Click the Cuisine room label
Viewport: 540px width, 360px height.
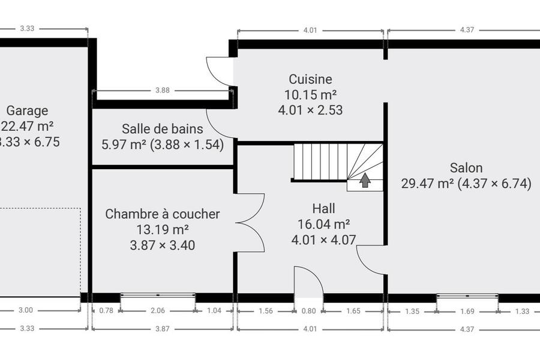tap(310, 79)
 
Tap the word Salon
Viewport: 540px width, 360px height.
tap(466, 168)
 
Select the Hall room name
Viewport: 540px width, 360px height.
tap(324, 208)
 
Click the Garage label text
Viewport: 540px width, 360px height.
tap(27, 111)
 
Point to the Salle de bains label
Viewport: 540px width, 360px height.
tap(163, 129)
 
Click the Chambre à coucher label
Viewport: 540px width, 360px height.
tap(163, 214)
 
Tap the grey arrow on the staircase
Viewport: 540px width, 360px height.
tap(365, 180)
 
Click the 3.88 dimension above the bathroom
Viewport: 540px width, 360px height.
tap(162, 90)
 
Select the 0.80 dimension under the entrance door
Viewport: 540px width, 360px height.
tap(308, 311)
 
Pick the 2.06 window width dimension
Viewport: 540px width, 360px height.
tap(158, 310)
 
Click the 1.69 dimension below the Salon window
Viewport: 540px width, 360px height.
tap(467, 311)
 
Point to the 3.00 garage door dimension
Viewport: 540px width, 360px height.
tap(25, 310)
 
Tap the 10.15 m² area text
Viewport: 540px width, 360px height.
tap(310, 95)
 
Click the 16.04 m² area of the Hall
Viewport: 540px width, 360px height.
tap(324, 224)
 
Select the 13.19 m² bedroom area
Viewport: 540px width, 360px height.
tap(163, 229)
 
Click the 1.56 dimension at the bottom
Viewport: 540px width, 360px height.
tap(266, 311)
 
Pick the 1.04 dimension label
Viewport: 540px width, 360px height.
tap(214, 310)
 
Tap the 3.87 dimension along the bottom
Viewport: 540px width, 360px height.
tap(162, 329)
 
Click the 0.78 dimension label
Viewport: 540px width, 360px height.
tap(106, 310)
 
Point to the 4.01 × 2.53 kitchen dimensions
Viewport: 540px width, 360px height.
tap(310, 110)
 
